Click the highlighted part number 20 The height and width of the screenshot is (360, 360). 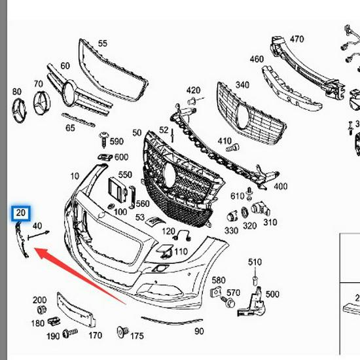21,213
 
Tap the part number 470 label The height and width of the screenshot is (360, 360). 297,39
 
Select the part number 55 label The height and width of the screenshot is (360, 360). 103,44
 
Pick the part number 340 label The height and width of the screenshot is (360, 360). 242,85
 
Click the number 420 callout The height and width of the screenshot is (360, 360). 193,90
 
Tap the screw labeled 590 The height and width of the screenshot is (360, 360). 103,140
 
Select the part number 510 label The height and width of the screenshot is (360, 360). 255,262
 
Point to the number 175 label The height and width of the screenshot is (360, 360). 137,336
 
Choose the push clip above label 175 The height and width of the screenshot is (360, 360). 120,333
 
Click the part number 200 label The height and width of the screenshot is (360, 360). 39,300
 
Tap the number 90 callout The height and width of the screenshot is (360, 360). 199,332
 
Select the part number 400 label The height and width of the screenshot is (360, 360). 280,187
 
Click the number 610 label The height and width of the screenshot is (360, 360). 237,196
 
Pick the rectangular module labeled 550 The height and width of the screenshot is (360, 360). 117,190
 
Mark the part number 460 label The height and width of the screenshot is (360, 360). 257,60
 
